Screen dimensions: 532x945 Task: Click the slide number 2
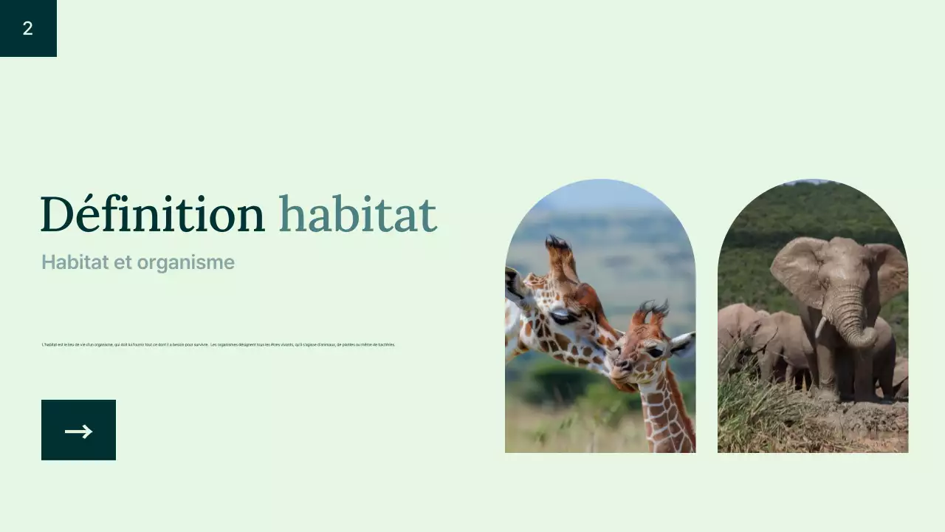tap(28, 29)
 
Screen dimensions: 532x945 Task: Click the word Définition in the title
tap(152, 215)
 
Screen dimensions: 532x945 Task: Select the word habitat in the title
tap(357, 215)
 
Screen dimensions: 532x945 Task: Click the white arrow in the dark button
tap(78, 432)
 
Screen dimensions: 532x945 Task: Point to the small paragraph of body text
tap(219, 344)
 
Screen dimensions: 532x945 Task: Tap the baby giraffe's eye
tap(654, 352)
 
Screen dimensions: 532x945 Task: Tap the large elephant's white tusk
tap(821, 326)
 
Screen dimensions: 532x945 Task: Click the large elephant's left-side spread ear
tap(797, 270)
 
